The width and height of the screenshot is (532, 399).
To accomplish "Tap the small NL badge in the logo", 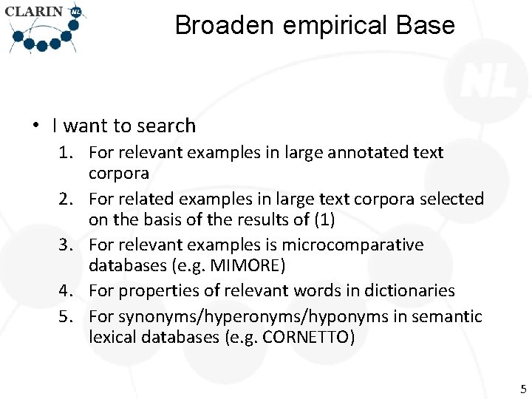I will (x=75, y=13).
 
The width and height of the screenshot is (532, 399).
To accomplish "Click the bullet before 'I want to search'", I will (x=35, y=126).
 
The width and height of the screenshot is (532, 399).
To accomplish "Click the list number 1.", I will (x=66, y=153).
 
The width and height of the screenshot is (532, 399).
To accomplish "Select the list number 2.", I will (x=66, y=199).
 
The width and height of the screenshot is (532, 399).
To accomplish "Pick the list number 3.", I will (x=66, y=245).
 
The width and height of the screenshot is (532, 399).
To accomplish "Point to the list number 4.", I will (x=66, y=291).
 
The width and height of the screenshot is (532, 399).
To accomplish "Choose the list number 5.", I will (x=66, y=317).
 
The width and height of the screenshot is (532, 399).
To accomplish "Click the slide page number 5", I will (x=523, y=389).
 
